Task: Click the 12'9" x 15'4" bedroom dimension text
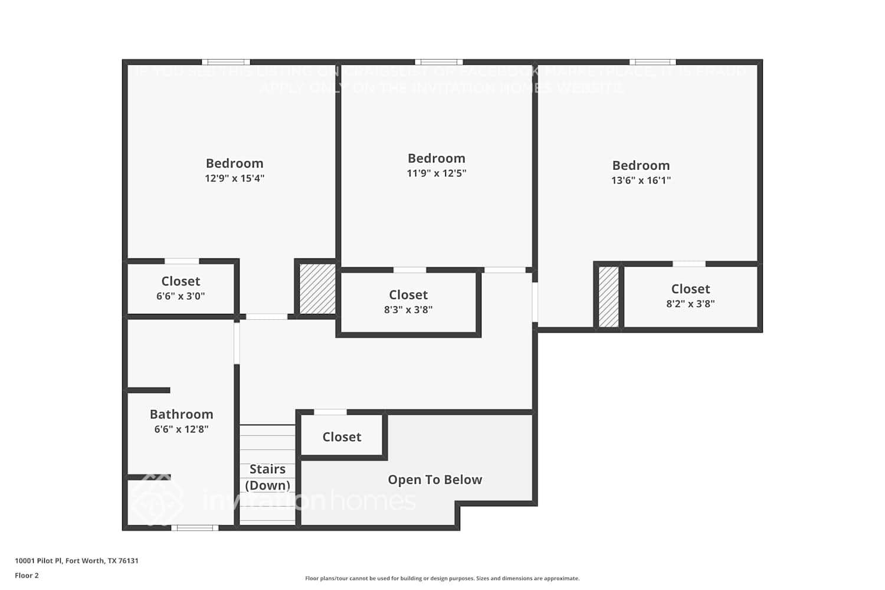pyautogui.click(x=234, y=178)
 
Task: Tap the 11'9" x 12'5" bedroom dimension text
pyautogui.click(x=436, y=173)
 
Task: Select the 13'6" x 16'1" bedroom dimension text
pyautogui.click(x=641, y=181)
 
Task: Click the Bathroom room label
pyautogui.click(x=181, y=414)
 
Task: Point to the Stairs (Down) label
pyautogui.click(x=267, y=477)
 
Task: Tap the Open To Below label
pyautogui.click(x=435, y=480)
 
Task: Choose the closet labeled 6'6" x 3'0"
pyautogui.click(x=181, y=288)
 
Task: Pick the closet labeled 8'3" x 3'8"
pyautogui.click(x=408, y=301)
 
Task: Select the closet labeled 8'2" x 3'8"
pyautogui.click(x=690, y=296)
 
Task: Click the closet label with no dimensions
pyautogui.click(x=342, y=437)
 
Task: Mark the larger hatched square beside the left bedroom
pyautogui.click(x=317, y=289)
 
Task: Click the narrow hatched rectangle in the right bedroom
pyautogui.click(x=608, y=296)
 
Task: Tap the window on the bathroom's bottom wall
pyautogui.click(x=195, y=527)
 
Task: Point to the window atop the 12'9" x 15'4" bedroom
pyautogui.click(x=226, y=62)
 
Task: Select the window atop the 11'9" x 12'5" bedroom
pyautogui.click(x=438, y=62)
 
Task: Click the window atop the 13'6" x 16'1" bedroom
pyautogui.click(x=652, y=62)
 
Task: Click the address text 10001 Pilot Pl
pyautogui.click(x=77, y=560)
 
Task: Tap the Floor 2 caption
pyautogui.click(x=27, y=575)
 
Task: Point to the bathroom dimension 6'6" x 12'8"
pyautogui.click(x=181, y=430)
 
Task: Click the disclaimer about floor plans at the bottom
pyautogui.click(x=442, y=578)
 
